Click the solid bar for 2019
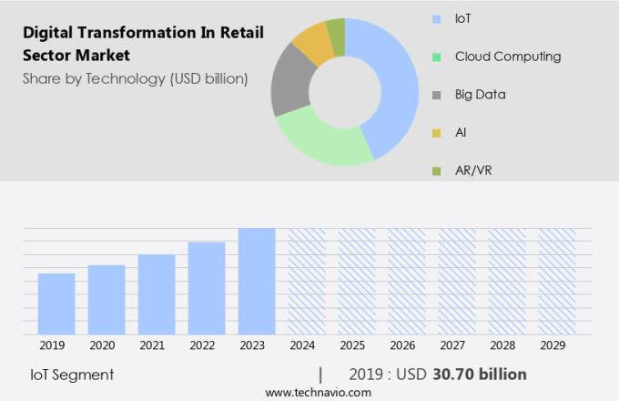[x=56, y=303]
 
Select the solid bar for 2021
[x=157, y=294]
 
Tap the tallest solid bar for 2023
[x=257, y=281]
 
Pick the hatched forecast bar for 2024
[x=307, y=281]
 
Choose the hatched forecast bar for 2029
[x=556, y=281]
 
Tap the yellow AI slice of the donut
[x=312, y=42]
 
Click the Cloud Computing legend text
[x=508, y=57]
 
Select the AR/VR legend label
[x=474, y=170]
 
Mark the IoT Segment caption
[x=72, y=374]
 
